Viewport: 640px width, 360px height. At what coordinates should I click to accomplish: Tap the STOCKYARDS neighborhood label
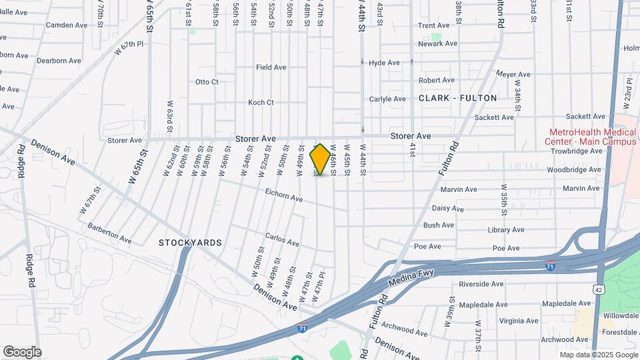[x=190, y=243]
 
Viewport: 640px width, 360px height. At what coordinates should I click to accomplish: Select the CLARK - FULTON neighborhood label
[x=458, y=98]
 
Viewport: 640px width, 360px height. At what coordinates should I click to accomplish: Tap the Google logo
[x=22, y=351]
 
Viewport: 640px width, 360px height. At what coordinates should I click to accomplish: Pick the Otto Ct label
[x=207, y=82]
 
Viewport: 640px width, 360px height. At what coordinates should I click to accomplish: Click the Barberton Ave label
[x=109, y=232]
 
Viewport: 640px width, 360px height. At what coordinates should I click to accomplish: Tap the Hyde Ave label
[x=384, y=63]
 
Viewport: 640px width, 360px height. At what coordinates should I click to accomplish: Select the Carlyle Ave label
[x=387, y=99]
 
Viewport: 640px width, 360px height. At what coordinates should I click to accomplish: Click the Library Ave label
[x=507, y=230]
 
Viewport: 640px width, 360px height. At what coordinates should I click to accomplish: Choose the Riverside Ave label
[x=481, y=284]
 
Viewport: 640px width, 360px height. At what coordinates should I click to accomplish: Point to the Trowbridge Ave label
[x=576, y=151]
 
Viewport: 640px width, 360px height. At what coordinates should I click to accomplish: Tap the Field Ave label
[x=271, y=67]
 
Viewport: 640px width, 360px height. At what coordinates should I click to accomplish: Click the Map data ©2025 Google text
[x=598, y=355]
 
